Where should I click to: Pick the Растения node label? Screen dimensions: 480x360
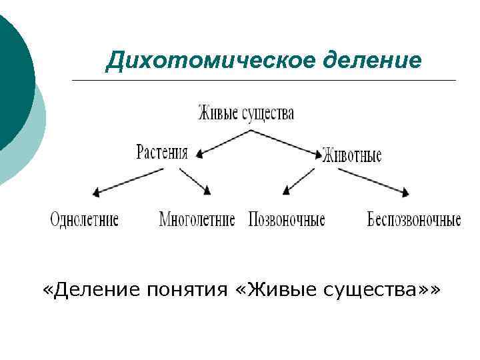(x=163, y=151)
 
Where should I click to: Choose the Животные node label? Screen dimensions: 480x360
(x=352, y=156)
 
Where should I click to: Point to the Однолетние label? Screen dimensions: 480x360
(x=85, y=219)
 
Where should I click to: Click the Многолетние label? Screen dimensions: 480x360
(x=197, y=219)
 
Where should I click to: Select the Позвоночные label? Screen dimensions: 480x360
(x=287, y=219)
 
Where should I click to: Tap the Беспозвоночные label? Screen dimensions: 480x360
(x=414, y=219)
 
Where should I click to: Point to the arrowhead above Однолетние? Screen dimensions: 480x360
(x=97, y=193)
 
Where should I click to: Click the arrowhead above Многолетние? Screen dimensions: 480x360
(x=207, y=191)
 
